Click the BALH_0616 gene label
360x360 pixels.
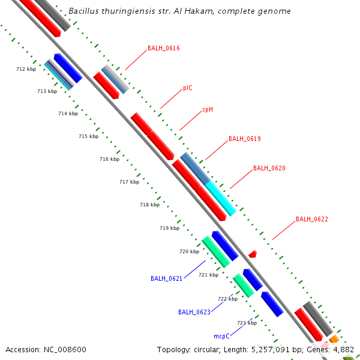[x=163, y=48]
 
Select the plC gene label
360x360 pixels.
[x=188, y=88]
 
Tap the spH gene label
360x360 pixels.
[x=208, y=109]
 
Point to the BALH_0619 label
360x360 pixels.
[x=244, y=139]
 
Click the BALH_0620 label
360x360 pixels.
[x=269, y=169]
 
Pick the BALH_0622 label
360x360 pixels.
[x=311, y=220]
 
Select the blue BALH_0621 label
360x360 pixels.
[x=166, y=279]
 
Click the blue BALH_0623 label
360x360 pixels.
[x=194, y=312]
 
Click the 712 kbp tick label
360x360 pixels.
[x=26, y=70]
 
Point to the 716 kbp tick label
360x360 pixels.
[x=109, y=159]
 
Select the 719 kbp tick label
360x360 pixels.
[x=169, y=228]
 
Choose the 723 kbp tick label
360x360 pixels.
[x=247, y=323]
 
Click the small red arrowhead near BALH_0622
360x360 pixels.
[x=253, y=254]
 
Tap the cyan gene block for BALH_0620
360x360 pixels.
[x=220, y=198]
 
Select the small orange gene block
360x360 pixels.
[x=334, y=340]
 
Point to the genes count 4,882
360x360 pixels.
[x=342, y=349]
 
